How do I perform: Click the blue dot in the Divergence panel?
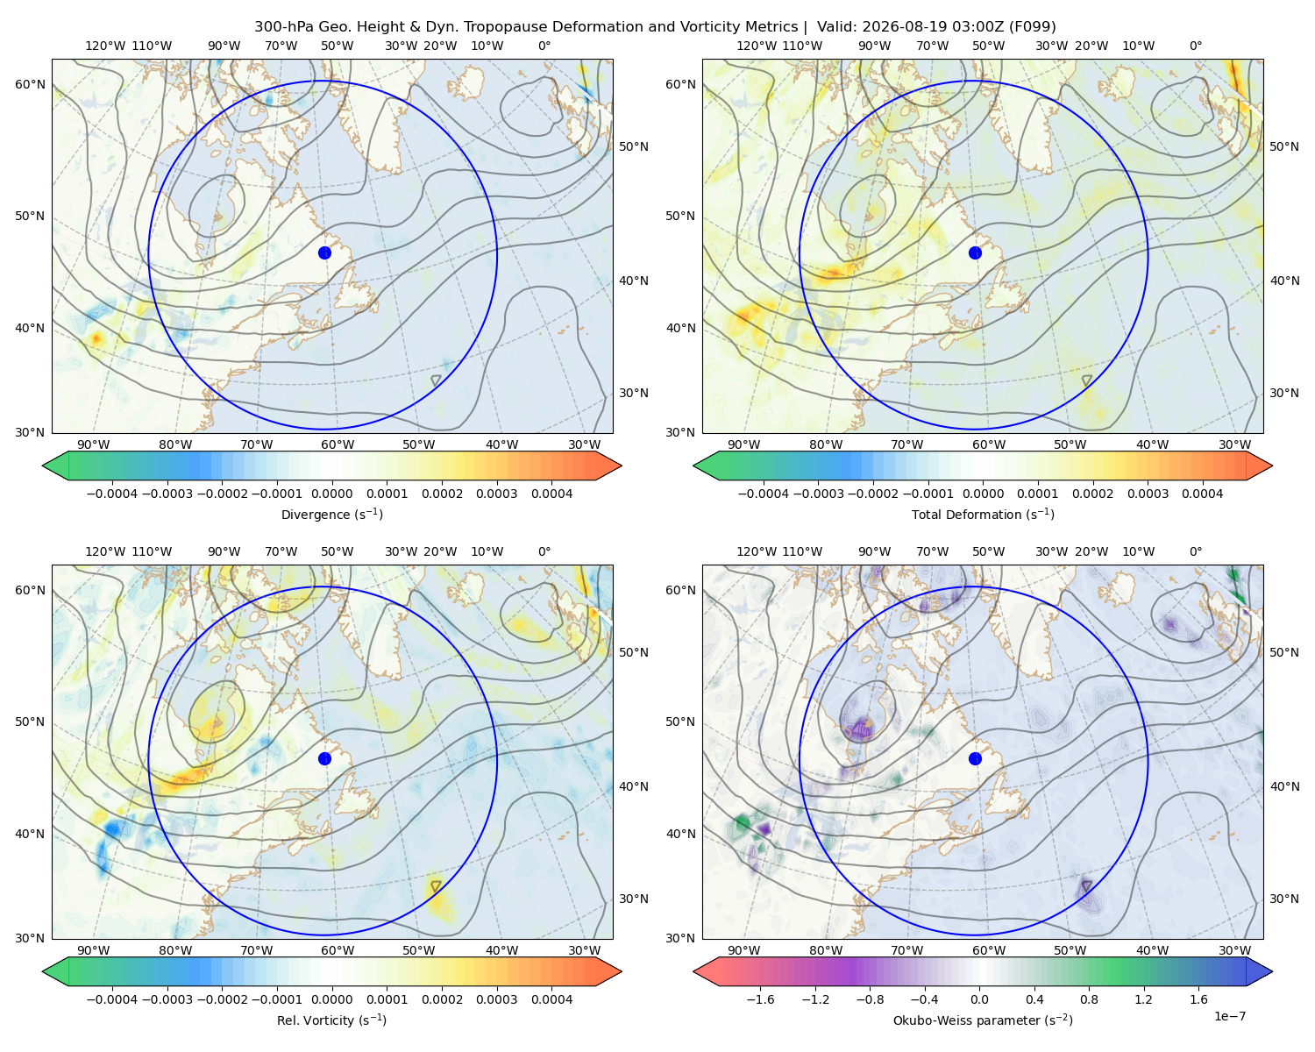(x=324, y=252)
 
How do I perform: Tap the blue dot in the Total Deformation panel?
(x=975, y=252)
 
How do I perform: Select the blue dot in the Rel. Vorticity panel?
(x=324, y=758)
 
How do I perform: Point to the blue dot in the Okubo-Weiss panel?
(x=975, y=758)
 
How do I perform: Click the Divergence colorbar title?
(x=331, y=515)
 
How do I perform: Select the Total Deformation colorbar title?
(x=983, y=515)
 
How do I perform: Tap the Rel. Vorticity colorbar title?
(x=331, y=1020)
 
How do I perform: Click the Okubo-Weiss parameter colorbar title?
(x=983, y=1020)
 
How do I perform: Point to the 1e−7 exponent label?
(x=1229, y=1016)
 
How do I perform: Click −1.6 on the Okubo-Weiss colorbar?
(x=760, y=999)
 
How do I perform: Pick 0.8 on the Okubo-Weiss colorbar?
(x=1089, y=999)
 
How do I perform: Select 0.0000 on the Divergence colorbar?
(x=331, y=494)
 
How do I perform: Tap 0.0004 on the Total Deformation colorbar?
(x=1202, y=494)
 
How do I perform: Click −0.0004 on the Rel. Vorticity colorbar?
(x=112, y=999)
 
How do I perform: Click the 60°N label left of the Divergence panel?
(x=30, y=84)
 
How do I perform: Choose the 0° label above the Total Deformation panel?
(x=1195, y=46)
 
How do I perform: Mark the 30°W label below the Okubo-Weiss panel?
(x=1235, y=950)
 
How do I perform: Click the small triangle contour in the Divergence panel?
(x=436, y=380)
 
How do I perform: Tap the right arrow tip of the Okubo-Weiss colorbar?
(x=1272, y=971)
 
